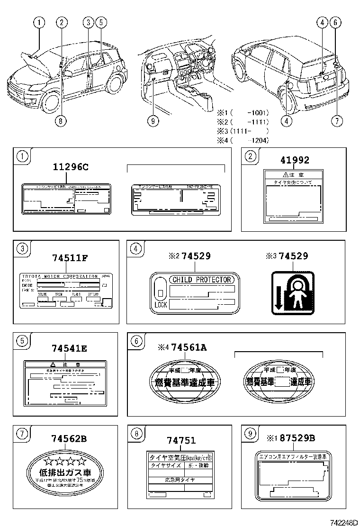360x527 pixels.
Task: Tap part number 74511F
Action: pos(70,258)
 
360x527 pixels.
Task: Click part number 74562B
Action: pos(69,439)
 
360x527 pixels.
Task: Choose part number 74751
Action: pos(181,440)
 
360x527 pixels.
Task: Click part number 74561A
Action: pos(189,348)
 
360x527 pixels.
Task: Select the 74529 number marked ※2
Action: pos(195,256)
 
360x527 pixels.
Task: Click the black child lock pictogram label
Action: pos(293,292)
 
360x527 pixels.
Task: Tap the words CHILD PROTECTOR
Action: pos(201,280)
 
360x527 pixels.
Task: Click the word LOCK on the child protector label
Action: pos(161,305)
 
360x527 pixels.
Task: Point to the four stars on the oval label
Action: pos(65,461)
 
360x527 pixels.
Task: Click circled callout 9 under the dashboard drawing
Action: pos(152,121)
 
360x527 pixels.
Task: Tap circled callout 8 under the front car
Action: pos(60,121)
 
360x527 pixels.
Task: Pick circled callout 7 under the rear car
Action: pos(336,121)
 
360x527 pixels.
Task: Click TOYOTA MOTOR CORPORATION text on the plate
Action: pos(59,276)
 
